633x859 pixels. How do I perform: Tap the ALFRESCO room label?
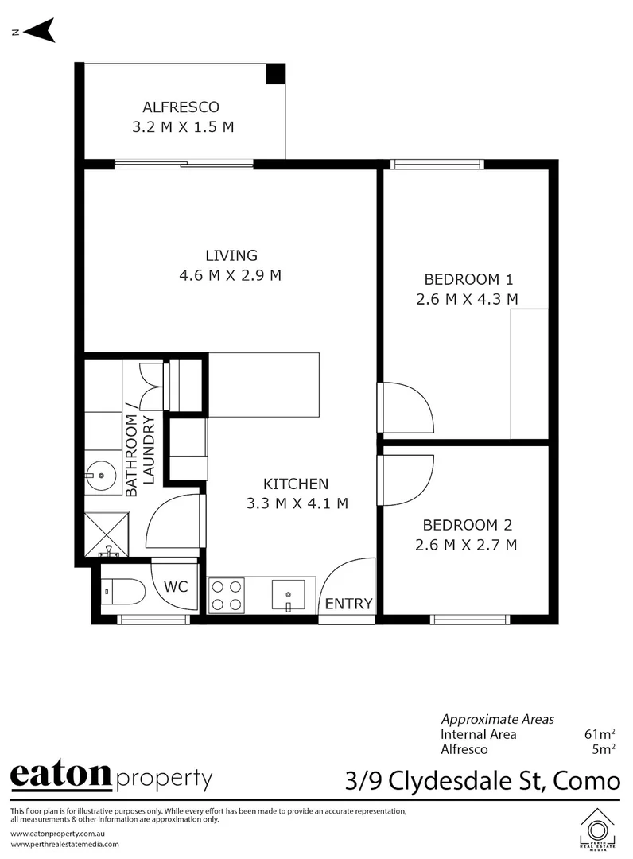click(x=181, y=107)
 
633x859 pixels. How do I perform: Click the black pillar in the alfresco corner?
click(x=275, y=73)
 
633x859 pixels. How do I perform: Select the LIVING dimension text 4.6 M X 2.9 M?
click(x=231, y=276)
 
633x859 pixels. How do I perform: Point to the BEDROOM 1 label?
click(x=468, y=279)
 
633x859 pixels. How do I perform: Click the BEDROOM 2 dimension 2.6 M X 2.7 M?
click(x=466, y=545)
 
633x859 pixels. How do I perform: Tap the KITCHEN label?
click(x=296, y=484)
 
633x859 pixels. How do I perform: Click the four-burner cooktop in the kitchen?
click(x=226, y=596)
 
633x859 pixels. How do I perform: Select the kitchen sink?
click(x=288, y=594)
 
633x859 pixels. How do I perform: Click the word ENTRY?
click(x=348, y=604)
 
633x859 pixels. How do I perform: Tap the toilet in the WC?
click(x=124, y=592)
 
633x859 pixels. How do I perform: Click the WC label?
click(x=176, y=587)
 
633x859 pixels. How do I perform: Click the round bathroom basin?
click(x=101, y=476)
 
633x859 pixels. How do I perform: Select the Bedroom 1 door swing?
click(x=407, y=407)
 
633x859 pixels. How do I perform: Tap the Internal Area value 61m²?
click(x=600, y=734)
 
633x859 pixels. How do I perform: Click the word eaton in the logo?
click(x=60, y=775)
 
